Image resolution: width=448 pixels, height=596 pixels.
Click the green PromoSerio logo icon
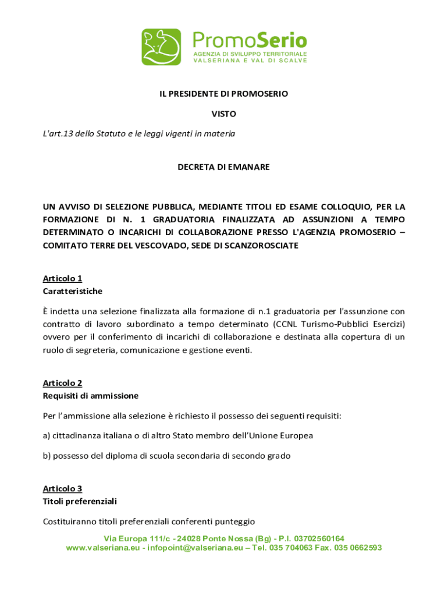161,47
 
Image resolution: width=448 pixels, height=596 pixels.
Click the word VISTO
223,113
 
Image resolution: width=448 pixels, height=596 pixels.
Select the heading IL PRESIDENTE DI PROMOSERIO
224,93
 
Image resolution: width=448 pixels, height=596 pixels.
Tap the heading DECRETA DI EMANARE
223,167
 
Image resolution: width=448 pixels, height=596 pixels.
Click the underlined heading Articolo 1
62,278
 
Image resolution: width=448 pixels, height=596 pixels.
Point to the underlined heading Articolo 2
62,383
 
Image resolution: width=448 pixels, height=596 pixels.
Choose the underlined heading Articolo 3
62,488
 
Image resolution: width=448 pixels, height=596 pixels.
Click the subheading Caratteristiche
73,290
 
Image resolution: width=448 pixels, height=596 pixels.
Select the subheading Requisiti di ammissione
91,396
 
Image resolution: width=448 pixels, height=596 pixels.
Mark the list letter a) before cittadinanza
47,435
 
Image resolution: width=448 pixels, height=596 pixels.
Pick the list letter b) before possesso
47,456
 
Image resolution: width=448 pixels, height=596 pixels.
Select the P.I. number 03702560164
311,538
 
